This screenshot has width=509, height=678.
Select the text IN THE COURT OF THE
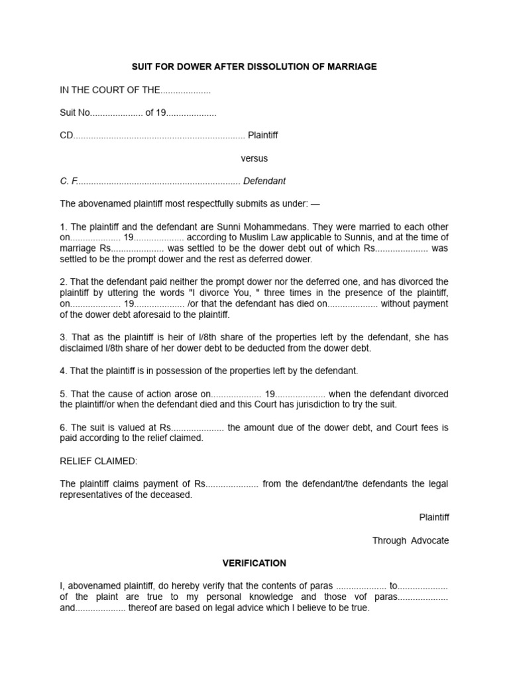click(x=110, y=90)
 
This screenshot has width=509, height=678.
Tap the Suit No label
click(x=74, y=113)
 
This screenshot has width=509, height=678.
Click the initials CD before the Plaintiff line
click(x=66, y=135)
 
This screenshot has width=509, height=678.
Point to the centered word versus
click(x=254, y=158)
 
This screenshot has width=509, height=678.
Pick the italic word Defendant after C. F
click(x=264, y=181)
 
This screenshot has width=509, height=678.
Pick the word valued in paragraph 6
click(x=125, y=428)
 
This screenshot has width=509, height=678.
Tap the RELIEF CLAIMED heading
click(x=99, y=461)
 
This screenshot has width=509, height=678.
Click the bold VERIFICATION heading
click(x=254, y=563)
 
